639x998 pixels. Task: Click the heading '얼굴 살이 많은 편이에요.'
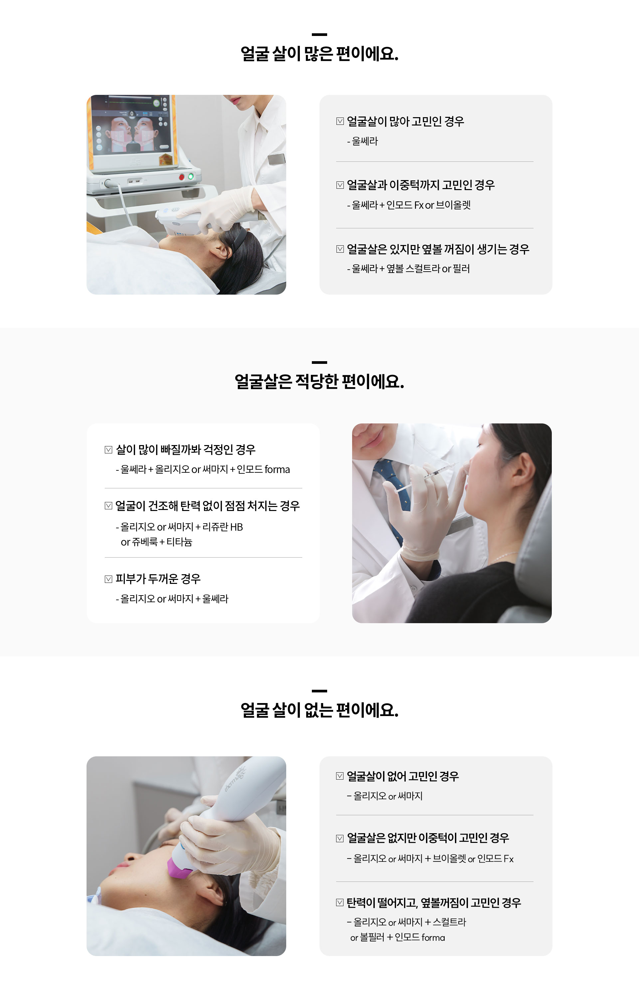coord(319,54)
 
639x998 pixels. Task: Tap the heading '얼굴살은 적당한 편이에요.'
coord(319,382)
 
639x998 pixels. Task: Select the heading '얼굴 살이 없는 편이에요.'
coord(319,710)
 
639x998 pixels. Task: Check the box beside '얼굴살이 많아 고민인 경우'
coord(340,121)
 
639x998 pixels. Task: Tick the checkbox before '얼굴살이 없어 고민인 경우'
coord(340,776)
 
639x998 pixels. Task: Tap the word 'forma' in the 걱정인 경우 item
coord(277,469)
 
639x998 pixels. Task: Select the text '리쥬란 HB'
coord(222,527)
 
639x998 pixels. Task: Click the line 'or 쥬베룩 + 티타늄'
coord(156,542)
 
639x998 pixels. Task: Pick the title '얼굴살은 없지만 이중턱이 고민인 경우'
coord(428,838)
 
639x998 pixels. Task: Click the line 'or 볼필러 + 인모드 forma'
coord(397,937)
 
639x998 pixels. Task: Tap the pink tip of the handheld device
coord(180,868)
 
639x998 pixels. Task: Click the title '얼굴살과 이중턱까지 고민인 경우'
coord(421,185)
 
